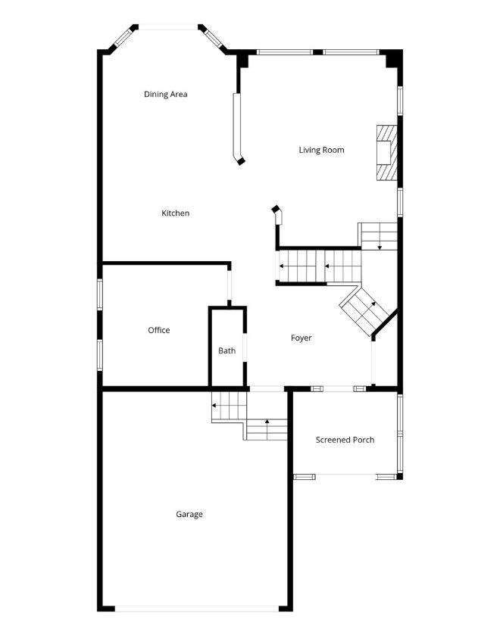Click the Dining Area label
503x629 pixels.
coord(165,95)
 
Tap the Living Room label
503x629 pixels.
coord(321,150)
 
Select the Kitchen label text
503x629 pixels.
coord(176,213)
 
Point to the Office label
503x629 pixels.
coord(159,330)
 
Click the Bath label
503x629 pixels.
coord(227,350)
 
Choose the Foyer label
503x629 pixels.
coord(301,338)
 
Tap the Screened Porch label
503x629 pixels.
coord(345,440)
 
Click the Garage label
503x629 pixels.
coord(189,514)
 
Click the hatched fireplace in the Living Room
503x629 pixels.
coord(386,153)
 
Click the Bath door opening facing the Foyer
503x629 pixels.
coord(245,347)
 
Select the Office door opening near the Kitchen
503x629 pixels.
coord(230,285)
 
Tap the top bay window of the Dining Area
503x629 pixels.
coord(168,27)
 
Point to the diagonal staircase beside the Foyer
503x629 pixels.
coord(364,310)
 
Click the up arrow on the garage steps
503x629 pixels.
coord(267,428)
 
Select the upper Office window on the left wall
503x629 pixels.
coord(100,295)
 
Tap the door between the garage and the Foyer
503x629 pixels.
coord(267,389)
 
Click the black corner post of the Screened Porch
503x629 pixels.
coord(400,477)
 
